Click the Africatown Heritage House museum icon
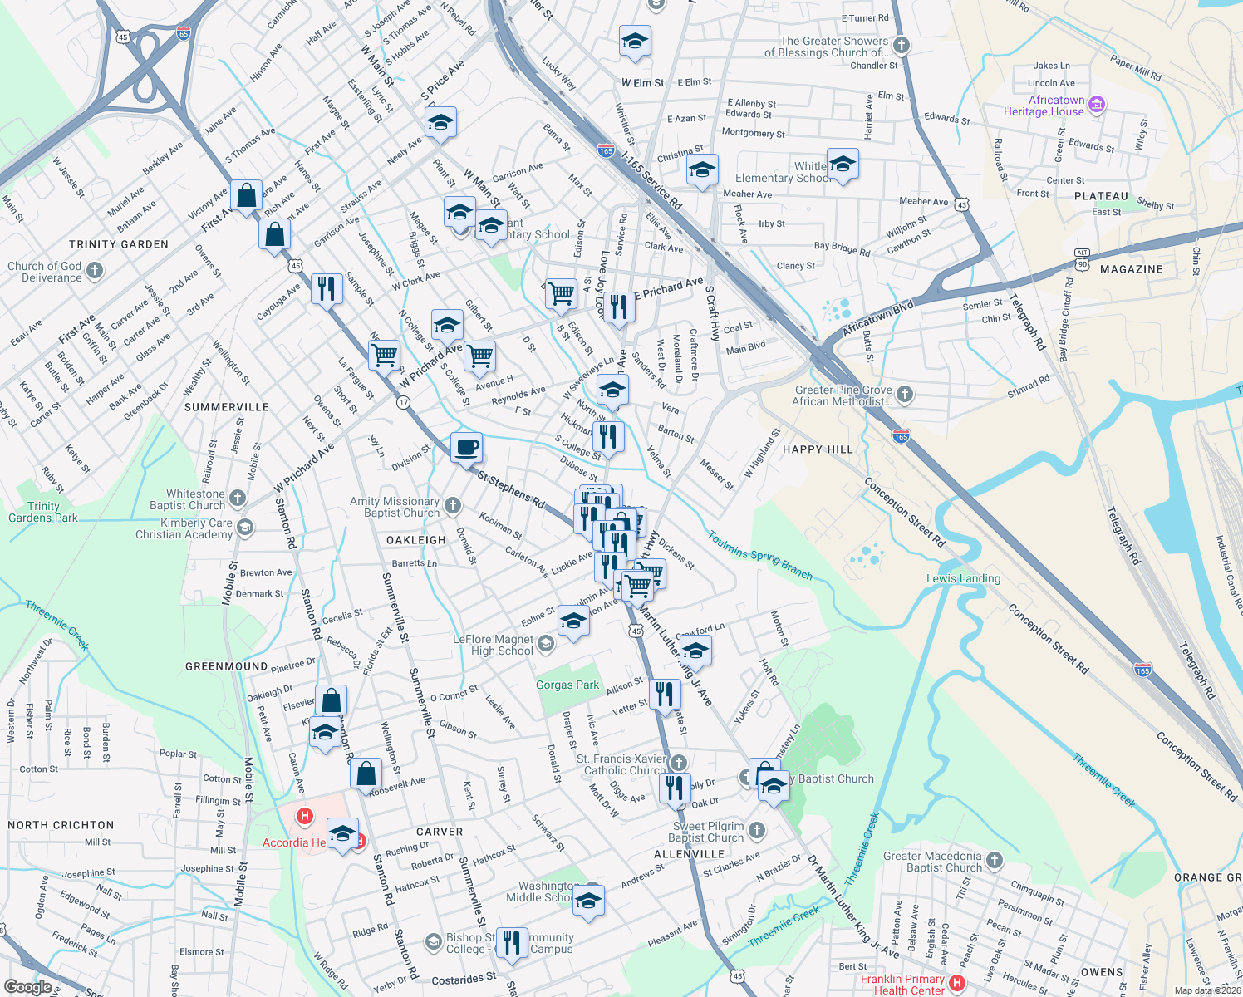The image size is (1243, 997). tap(1096, 104)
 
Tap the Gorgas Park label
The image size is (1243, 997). tap(567, 685)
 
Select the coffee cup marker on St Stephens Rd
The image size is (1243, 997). tap(466, 448)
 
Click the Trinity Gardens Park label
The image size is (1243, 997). tap(43, 512)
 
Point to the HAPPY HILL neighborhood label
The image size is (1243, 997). tap(818, 449)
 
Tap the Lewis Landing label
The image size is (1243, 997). tap(963, 578)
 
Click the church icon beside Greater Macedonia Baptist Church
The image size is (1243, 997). tap(995, 861)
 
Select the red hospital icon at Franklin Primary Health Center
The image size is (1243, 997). tap(956, 984)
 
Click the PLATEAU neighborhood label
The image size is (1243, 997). tap(1101, 197)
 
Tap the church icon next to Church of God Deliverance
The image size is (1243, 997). tap(95, 271)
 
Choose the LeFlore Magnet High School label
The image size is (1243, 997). tap(493, 645)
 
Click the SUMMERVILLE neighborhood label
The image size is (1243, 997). tap(227, 407)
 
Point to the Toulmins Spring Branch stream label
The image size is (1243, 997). tap(759, 555)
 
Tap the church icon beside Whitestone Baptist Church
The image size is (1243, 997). tap(238, 498)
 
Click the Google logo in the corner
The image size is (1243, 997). tap(27, 987)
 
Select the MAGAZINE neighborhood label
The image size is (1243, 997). tap(1131, 269)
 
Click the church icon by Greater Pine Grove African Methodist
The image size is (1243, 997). tap(905, 395)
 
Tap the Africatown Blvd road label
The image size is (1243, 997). tap(878, 319)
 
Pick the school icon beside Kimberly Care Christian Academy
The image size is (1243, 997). tap(244, 528)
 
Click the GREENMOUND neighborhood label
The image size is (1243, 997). tap(226, 666)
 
